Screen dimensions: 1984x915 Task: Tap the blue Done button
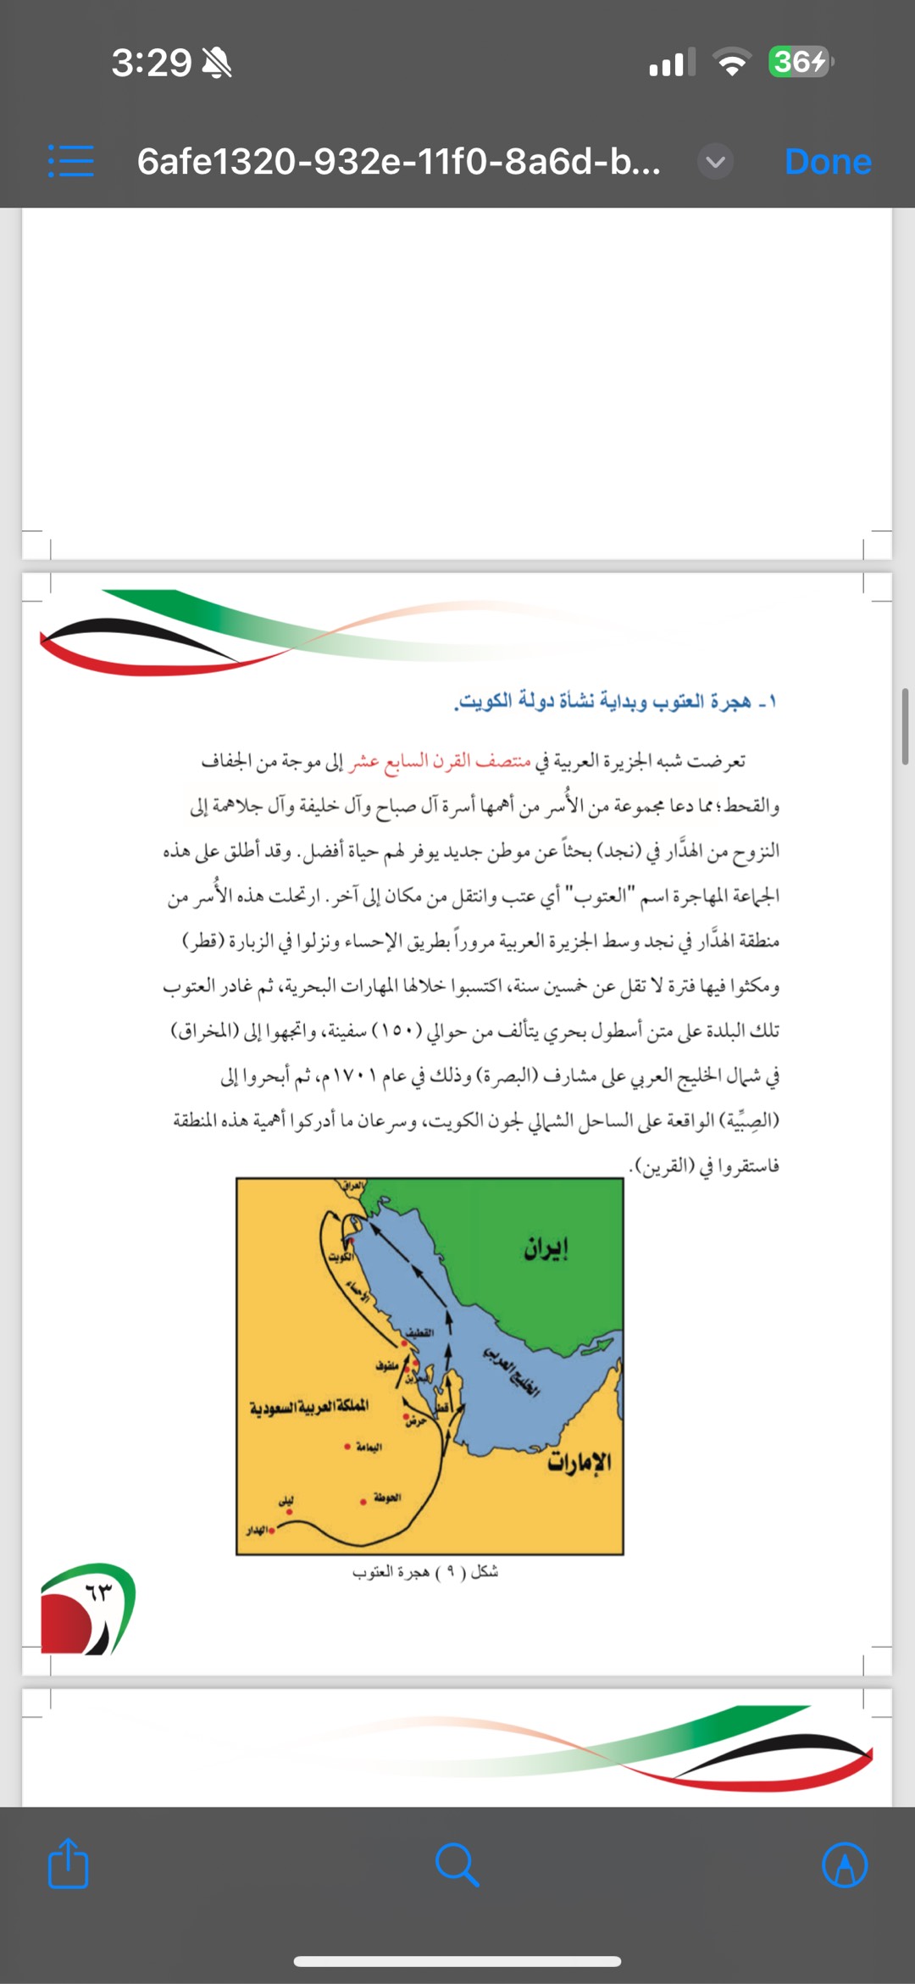pyautogui.click(x=827, y=161)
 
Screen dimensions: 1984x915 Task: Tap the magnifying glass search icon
pyautogui.click(x=457, y=1865)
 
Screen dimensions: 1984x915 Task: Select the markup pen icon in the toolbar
pyautogui.click(x=845, y=1865)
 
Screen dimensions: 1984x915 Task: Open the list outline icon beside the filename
pyautogui.click(x=71, y=161)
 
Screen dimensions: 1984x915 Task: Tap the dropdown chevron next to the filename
pyautogui.click(x=715, y=161)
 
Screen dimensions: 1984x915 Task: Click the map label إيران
pyautogui.click(x=546, y=1248)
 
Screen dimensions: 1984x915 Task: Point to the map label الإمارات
pyautogui.click(x=579, y=1462)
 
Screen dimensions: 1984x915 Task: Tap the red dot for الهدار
pyautogui.click(x=271, y=1531)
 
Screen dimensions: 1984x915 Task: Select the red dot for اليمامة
pyautogui.click(x=347, y=1447)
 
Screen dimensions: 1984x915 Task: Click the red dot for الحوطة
pyautogui.click(x=363, y=1502)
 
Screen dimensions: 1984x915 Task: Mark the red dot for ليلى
pyautogui.click(x=286, y=1509)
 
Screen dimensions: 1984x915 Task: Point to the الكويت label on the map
pyautogui.click(x=341, y=1257)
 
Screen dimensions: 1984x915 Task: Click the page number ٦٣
pyautogui.click(x=98, y=1592)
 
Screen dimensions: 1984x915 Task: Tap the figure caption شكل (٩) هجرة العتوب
pyautogui.click(x=425, y=1572)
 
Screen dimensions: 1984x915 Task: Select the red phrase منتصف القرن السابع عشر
pyautogui.click(x=439, y=761)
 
